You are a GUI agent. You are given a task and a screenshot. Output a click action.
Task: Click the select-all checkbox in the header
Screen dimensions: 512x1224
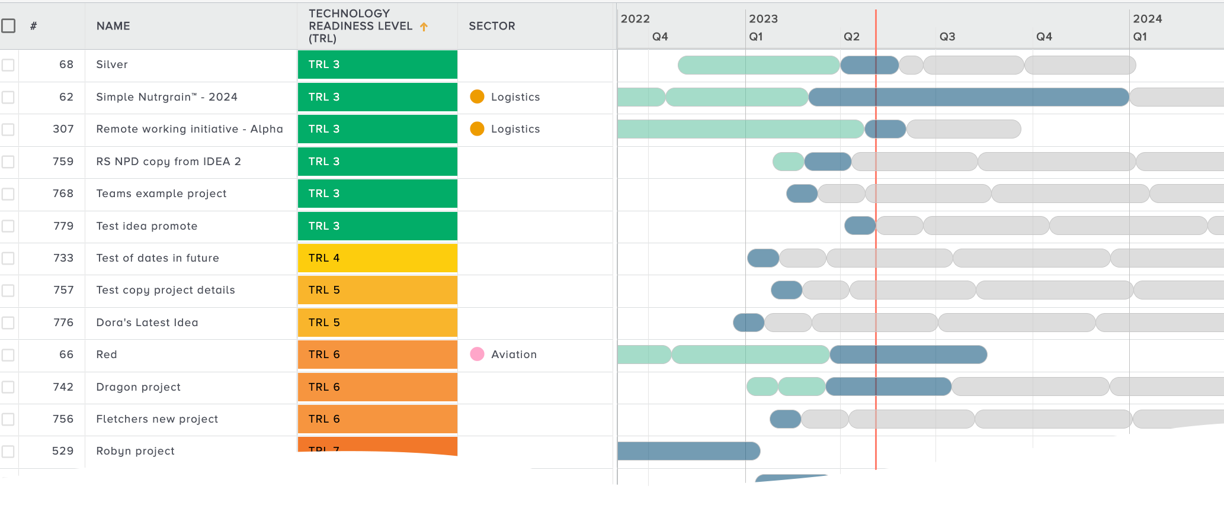(8, 26)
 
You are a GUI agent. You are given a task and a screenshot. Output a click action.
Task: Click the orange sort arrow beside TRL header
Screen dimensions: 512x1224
(424, 27)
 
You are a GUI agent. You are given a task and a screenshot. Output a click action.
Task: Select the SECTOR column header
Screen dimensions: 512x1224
(492, 26)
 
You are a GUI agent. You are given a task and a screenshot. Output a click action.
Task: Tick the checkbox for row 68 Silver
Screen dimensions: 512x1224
(8, 65)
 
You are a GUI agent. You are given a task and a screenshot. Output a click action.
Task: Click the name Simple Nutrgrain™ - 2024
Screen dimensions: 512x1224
(166, 97)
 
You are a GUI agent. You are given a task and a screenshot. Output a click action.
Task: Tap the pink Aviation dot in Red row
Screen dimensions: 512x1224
(477, 355)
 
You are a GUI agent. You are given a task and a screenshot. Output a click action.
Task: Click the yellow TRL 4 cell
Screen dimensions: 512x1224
(377, 258)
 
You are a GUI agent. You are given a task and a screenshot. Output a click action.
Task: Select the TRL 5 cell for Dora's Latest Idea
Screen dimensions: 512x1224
(377, 323)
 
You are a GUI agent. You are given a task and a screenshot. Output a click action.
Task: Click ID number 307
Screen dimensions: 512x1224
(63, 129)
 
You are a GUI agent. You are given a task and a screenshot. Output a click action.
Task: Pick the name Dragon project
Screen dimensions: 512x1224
(138, 387)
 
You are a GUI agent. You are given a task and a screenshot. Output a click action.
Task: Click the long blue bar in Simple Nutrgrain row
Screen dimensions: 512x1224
(968, 97)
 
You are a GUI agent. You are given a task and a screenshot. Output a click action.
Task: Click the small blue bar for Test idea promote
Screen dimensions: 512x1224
(860, 226)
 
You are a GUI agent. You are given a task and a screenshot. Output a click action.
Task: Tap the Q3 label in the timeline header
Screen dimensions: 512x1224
(947, 37)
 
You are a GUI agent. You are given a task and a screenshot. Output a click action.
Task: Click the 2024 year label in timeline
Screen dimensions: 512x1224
(1147, 19)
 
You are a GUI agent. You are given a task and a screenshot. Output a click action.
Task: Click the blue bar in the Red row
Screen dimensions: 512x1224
(908, 355)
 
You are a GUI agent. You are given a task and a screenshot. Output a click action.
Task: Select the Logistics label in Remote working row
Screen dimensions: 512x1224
(515, 129)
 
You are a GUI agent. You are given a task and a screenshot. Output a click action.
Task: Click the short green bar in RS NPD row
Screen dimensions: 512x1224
(788, 162)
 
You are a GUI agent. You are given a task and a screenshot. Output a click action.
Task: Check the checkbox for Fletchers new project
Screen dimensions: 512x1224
(8, 419)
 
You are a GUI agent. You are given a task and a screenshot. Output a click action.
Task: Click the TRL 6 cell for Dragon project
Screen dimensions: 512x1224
(377, 387)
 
